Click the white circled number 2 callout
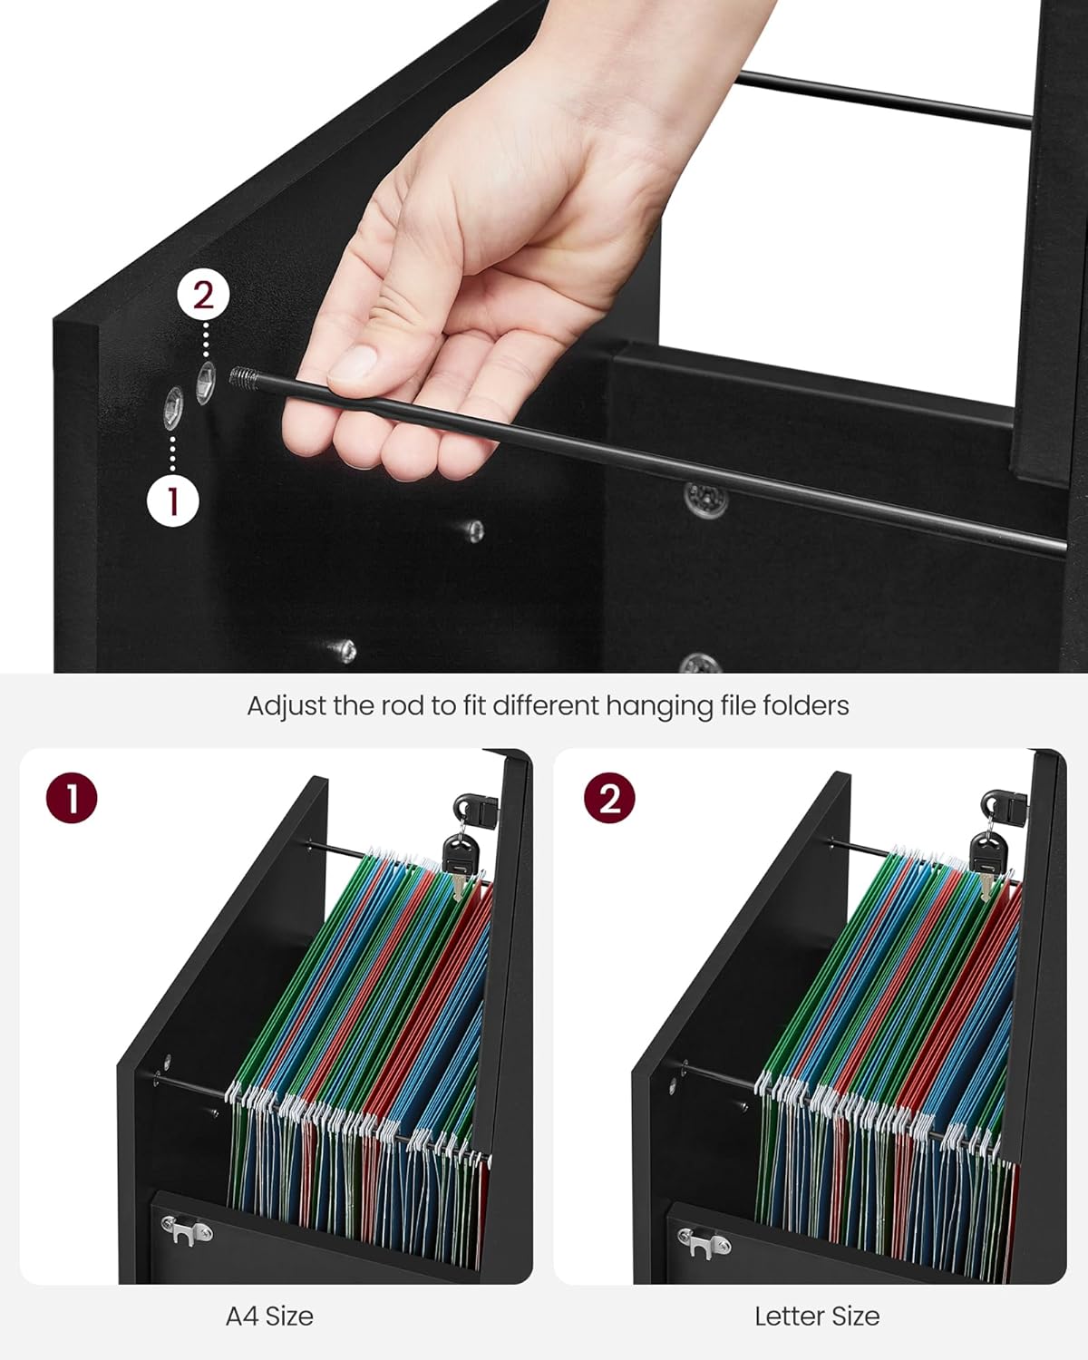point(203,296)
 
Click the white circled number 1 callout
point(173,500)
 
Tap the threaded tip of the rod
point(243,376)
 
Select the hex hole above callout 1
point(173,408)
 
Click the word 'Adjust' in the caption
point(286,705)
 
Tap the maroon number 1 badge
point(71,798)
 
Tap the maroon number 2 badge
point(609,798)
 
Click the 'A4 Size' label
point(269,1316)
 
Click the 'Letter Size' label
point(817,1316)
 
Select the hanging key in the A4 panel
point(459,861)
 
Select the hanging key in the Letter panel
point(986,861)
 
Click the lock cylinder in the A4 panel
point(473,806)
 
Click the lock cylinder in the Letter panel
point(1002,804)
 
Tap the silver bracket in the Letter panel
point(704,1243)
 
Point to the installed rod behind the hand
point(884,100)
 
